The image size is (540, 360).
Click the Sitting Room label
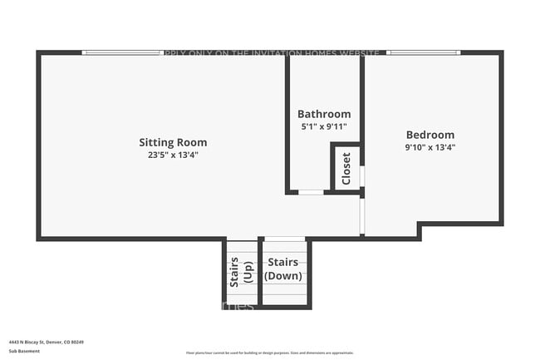pos(173,142)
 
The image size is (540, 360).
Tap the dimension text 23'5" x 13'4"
pos(173,155)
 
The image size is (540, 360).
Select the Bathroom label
pos(324,114)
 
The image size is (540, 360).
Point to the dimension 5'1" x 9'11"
pos(324,126)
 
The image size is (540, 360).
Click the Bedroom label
pos(430,135)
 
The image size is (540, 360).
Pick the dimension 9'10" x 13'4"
pos(430,147)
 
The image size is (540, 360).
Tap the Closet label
pos(346,169)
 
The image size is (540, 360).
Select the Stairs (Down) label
pos(283,269)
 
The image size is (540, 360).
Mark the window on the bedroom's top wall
pos(423,52)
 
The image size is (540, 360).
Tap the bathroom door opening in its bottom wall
pos(311,192)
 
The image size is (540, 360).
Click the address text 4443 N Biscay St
pos(47,342)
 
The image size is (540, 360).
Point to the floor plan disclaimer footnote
pos(269,353)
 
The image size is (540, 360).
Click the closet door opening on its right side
pos(361,176)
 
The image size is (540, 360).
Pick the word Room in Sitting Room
pos(192,142)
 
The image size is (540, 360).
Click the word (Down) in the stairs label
pos(283,276)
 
